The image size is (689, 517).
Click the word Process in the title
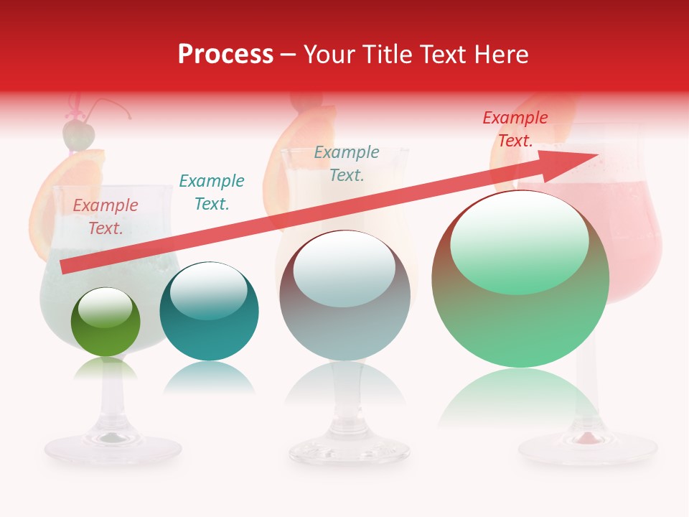(x=225, y=54)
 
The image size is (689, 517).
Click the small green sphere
(x=106, y=322)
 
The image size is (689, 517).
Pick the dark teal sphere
(x=209, y=312)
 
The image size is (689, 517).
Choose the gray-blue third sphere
(x=344, y=296)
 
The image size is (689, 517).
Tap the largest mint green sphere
(x=520, y=287)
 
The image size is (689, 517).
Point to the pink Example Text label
(x=106, y=217)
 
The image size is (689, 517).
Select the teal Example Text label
(x=212, y=192)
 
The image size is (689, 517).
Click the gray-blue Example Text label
(x=347, y=163)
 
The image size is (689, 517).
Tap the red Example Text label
(x=515, y=129)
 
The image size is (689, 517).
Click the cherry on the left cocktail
(x=78, y=133)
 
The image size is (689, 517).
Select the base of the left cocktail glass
(x=113, y=449)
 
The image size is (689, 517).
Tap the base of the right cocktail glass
(x=588, y=449)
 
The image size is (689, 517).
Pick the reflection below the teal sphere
(x=209, y=377)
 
